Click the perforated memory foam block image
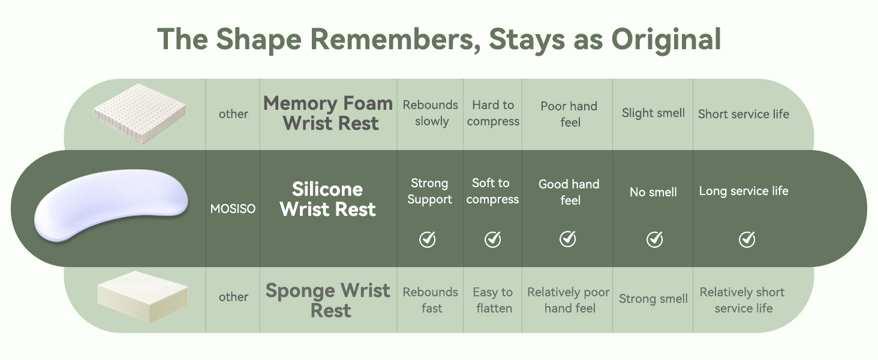point(139,113)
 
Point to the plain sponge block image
point(142,297)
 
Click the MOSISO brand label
point(233,209)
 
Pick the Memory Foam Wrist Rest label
point(328,113)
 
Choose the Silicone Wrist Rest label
point(327,199)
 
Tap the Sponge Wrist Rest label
point(328,301)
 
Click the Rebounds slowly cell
point(431,113)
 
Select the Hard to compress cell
point(493,113)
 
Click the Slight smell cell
point(653,113)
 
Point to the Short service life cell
point(744,114)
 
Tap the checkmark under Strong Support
point(427,239)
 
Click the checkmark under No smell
point(654,239)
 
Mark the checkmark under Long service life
point(747,239)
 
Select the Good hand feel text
point(569,192)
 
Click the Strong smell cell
point(653,299)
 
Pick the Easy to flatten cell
point(493,300)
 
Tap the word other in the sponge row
point(233,297)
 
